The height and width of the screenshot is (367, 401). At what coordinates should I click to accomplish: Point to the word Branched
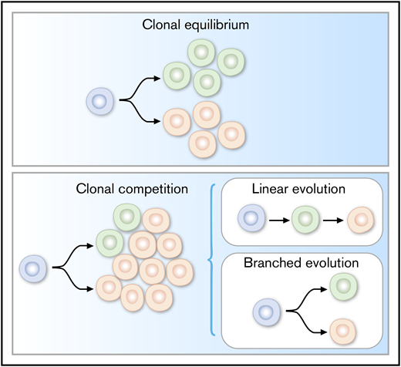pyautogui.click(x=264, y=263)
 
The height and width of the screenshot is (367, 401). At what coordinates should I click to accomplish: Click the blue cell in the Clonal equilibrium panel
pyautogui.click(x=99, y=101)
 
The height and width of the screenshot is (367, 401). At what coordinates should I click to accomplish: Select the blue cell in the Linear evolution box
pyautogui.click(x=248, y=218)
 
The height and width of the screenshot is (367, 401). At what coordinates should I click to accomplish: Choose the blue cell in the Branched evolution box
pyautogui.click(x=266, y=312)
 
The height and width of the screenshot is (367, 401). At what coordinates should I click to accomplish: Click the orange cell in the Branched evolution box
pyautogui.click(x=340, y=333)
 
